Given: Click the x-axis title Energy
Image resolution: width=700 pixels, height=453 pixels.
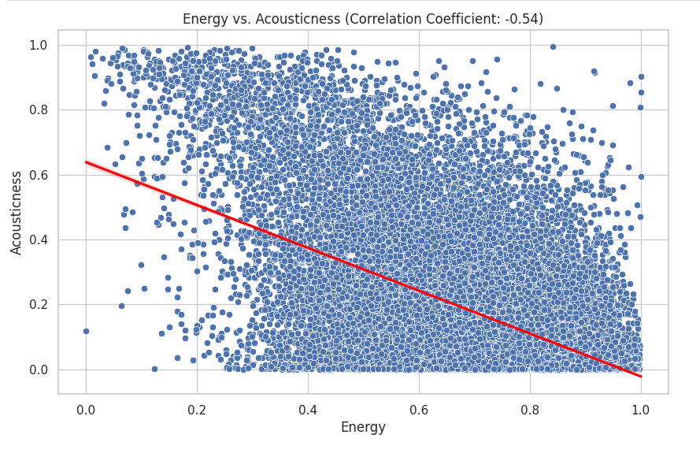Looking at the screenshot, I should [x=363, y=428].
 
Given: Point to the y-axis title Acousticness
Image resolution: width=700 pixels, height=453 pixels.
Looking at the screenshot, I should [x=17, y=212].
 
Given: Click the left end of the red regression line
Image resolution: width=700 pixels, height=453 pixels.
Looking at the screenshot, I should [x=86, y=162].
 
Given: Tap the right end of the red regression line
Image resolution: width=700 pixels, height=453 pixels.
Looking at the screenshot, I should [x=641, y=377].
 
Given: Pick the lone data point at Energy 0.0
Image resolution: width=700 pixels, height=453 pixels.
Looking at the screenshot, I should [x=86, y=331].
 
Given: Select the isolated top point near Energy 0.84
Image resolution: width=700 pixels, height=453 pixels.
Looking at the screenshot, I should [x=553, y=46].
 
